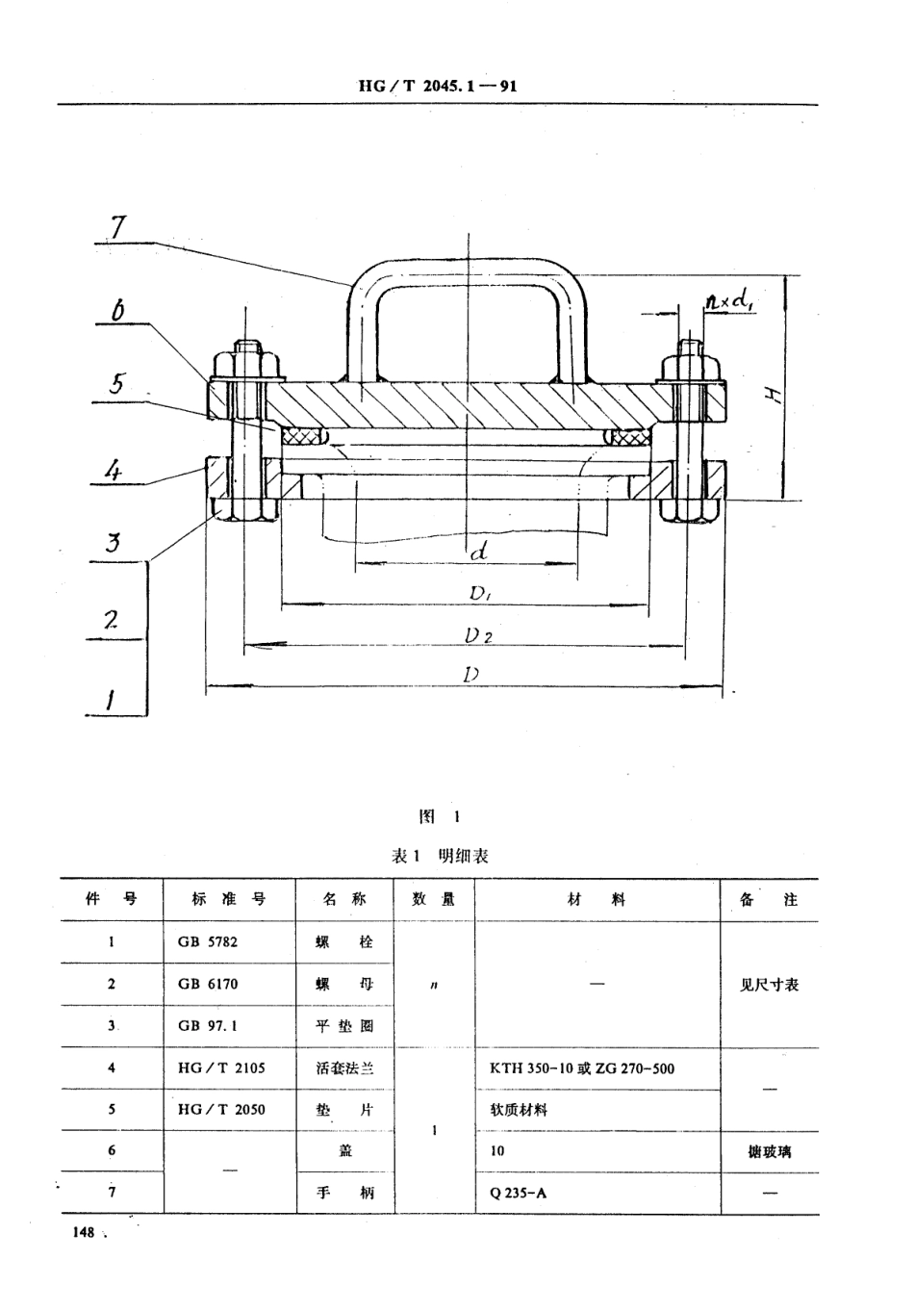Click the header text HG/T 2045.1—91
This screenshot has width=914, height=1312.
(438, 86)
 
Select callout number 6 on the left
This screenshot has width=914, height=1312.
(117, 310)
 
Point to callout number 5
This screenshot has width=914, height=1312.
(116, 383)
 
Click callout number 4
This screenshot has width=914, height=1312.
(114, 473)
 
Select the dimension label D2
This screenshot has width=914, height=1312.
(478, 635)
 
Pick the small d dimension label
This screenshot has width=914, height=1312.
(478, 552)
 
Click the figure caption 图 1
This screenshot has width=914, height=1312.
(441, 816)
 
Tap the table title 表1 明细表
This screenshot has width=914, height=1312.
(441, 856)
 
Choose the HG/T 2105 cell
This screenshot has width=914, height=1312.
(221, 1068)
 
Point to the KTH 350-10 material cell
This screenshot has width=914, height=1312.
(582, 1068)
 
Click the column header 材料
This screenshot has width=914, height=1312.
(597, 900)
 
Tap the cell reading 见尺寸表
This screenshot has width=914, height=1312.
(769, 985)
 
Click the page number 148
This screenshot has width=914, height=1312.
(81, 1233)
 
